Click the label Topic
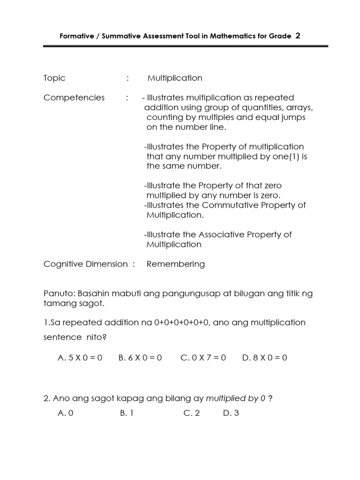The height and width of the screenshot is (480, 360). (x=54, y=78)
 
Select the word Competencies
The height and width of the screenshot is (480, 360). (x=74, y=97)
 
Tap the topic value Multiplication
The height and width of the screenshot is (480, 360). (x=175, y=78)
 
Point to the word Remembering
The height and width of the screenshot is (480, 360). (x=176, y=264)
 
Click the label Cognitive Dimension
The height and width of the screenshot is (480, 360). (x=85, y=264)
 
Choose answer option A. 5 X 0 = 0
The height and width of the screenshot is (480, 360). (x=80, y=358)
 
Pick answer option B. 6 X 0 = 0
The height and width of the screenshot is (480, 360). (x=140, y=358)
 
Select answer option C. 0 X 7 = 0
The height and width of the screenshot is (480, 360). (x=203, y=358)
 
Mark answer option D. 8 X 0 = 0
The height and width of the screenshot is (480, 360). (x=265, y=358)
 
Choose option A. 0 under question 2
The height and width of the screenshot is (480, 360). (x=66, y=413)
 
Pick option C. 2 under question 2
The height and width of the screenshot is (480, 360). (x=192, y=413)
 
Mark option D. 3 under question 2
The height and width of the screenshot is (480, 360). (x=231, y=413)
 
